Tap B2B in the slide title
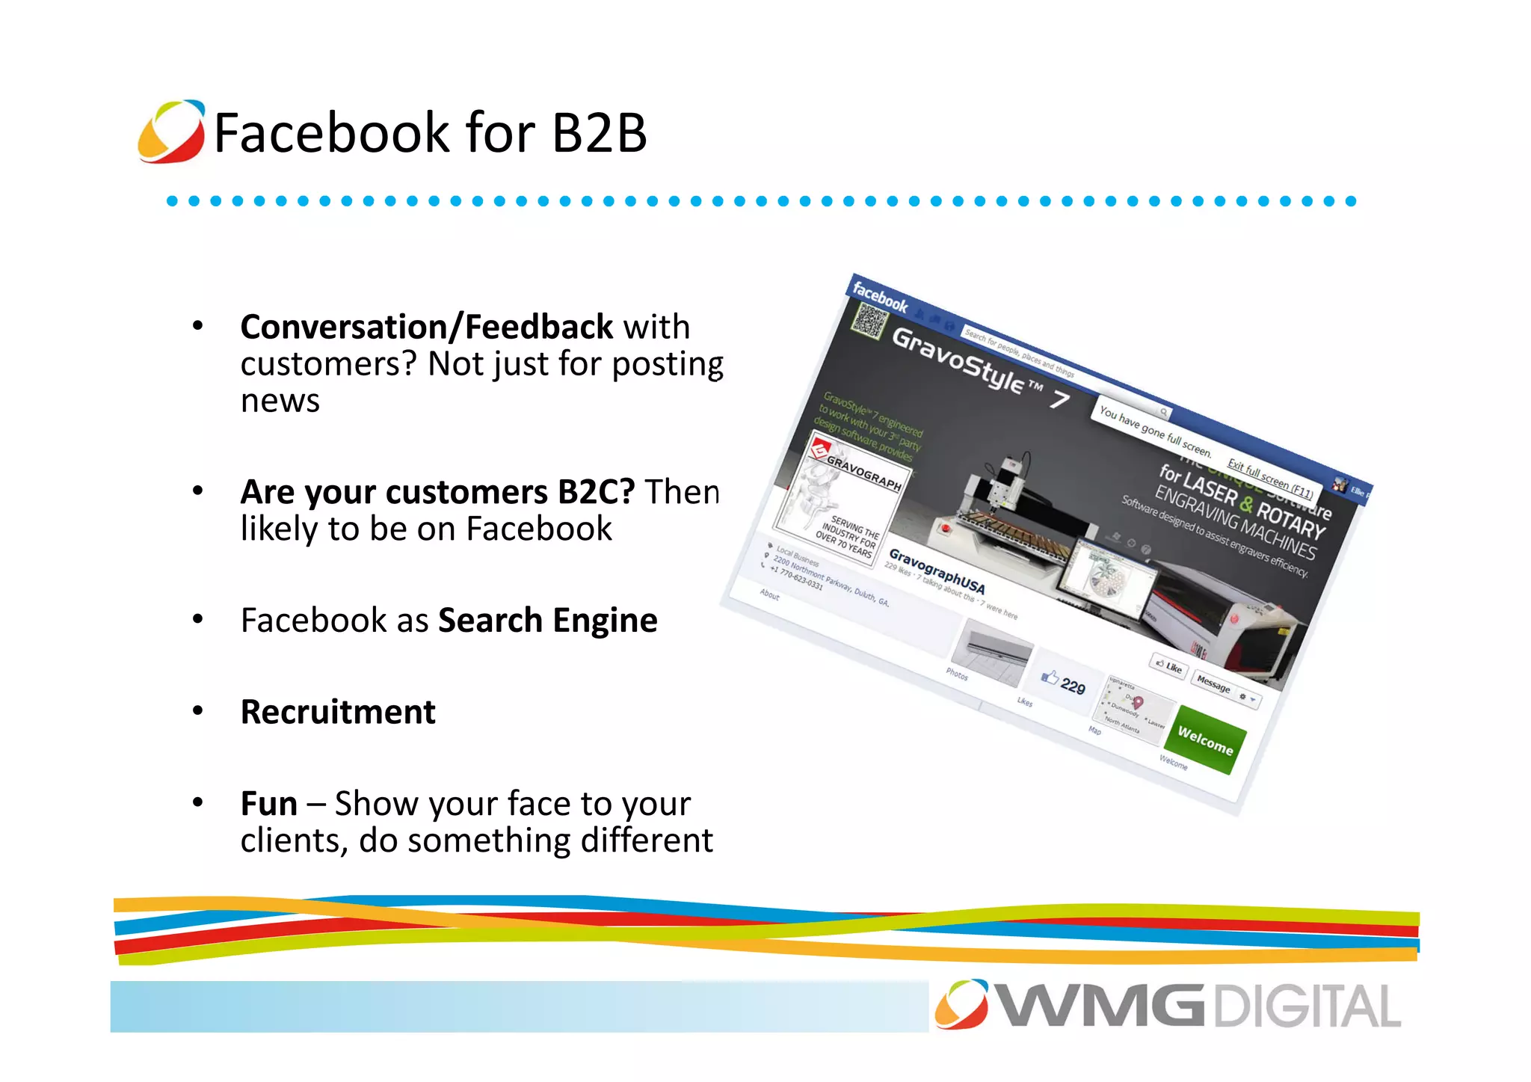[598, 133]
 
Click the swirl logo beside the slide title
[171, 132]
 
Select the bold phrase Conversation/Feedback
[426, 328]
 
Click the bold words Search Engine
[547, 621]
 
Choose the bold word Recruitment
[338, 712]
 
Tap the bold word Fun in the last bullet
[268, 804]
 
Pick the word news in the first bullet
[280, 401]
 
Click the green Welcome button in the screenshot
[1205, 740]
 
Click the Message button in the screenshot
[1213, 683]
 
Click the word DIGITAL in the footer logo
[1307, 1007]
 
